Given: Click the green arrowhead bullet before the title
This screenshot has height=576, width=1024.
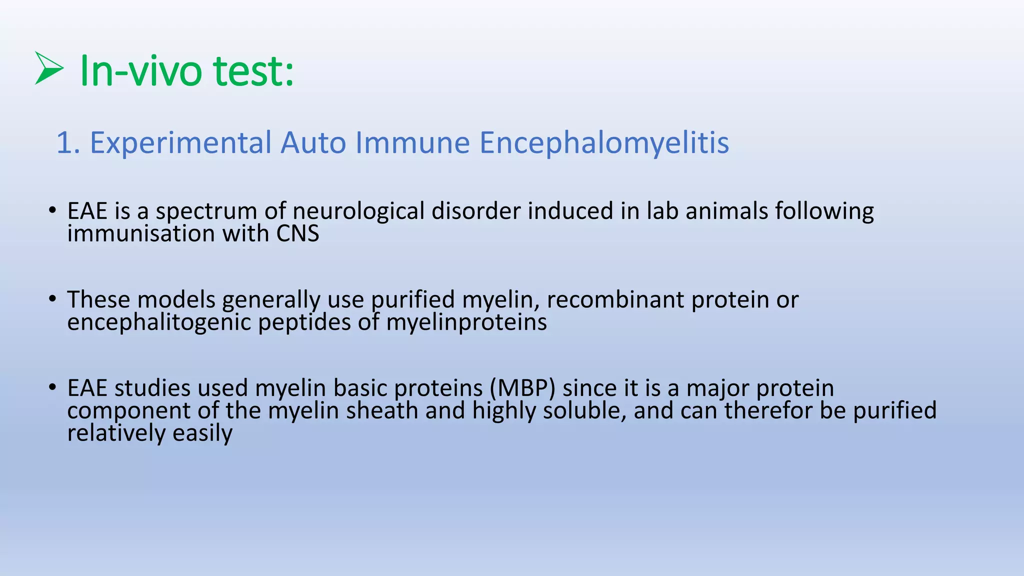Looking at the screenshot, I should point(49,68).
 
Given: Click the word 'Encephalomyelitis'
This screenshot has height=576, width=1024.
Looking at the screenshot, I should point(604,143).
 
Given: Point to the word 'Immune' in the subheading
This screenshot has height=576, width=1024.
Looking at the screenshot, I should point(412,142).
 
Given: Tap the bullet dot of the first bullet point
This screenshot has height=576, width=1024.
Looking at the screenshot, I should point(52,210).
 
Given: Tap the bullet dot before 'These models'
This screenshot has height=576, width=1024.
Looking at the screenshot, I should point(52,299).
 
